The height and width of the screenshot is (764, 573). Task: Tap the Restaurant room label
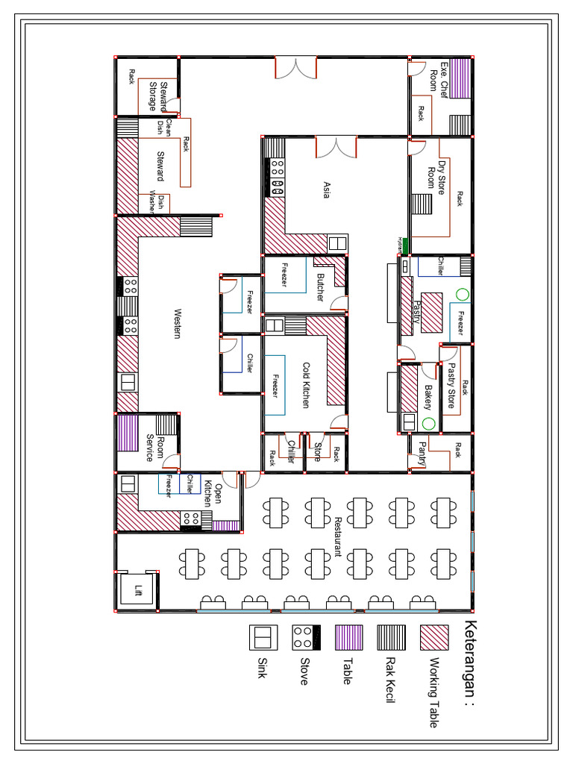click(337, 536)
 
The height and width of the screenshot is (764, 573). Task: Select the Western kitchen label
click(177, 324)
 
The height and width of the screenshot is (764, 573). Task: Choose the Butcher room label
click(320, 287)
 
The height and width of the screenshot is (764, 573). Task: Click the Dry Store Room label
click(436, 178)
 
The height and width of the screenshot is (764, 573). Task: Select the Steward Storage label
click(158, 96)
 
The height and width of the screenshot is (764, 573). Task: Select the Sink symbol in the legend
click(263, 639)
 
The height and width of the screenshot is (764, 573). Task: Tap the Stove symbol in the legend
click(305, 639)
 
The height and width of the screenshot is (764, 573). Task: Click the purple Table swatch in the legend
click(348, 639)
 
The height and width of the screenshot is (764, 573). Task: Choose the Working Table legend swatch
click(434, 639)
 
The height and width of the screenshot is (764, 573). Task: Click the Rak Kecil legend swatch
click(391, 639)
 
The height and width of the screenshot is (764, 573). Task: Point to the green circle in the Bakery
click(429, 424)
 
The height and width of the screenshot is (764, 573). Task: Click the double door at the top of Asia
click(336, 147)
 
